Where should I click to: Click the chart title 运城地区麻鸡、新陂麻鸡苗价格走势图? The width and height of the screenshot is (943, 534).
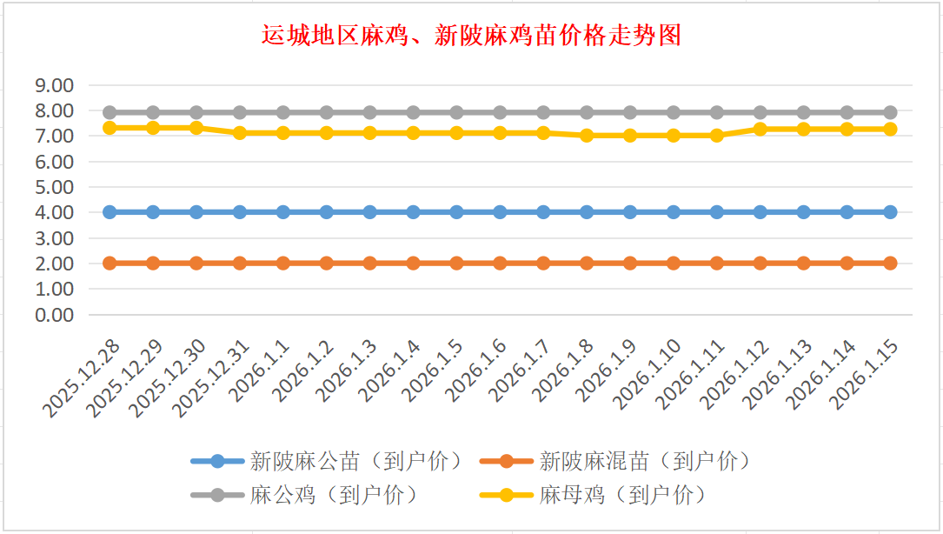[471, 36]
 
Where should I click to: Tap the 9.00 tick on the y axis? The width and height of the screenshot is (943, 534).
[54, 85]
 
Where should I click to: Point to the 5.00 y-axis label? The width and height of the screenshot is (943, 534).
[54, 187]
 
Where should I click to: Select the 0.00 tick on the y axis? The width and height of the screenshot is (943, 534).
[54, 314]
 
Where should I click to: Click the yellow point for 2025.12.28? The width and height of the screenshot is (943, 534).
[110, 128]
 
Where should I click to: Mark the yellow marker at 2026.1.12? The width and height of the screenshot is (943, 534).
[760, 129]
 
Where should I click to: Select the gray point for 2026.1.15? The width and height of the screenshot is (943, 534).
[890, 112]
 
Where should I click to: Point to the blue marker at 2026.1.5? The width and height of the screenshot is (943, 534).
[456, 212]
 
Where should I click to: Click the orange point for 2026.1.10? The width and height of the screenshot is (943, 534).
[674, 263]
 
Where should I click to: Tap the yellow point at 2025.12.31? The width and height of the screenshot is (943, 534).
[240, 133]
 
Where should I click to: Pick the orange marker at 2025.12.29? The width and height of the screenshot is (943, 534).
[153, 263]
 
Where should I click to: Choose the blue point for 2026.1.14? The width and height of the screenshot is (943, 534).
[847, 212]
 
